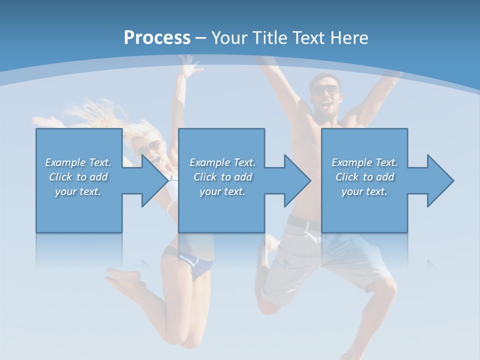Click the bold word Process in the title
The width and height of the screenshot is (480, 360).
click(x=157, y=38)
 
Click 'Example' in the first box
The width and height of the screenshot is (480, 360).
click(x=65, y=162)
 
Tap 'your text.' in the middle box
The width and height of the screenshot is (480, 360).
click(x=222, y=191)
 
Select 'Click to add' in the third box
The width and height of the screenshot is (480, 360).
click(x=365, y=177)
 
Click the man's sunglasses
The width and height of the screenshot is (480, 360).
click(x=325, y=90)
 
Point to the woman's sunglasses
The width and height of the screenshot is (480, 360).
click(x=150, y=146)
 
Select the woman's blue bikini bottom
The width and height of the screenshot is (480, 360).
click(x=195, y=264)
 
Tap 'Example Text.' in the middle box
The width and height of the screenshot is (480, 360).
click(x=222, y=162)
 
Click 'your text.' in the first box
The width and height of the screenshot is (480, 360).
click(x=78, y=191)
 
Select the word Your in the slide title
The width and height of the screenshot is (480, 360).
click(x=227, y=38)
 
